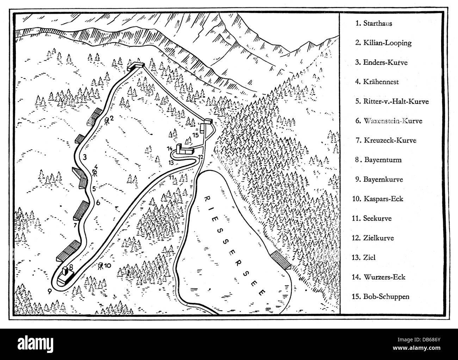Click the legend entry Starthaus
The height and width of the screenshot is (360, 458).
pos(373,24)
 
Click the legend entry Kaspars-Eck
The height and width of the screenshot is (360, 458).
pos(377,199)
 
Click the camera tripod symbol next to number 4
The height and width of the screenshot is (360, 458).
pos(95,173)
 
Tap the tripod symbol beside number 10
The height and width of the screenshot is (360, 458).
pos(100,266)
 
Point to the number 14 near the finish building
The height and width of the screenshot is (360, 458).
pos(170,148)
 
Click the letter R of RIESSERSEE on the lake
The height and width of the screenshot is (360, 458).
pos(206,197)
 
